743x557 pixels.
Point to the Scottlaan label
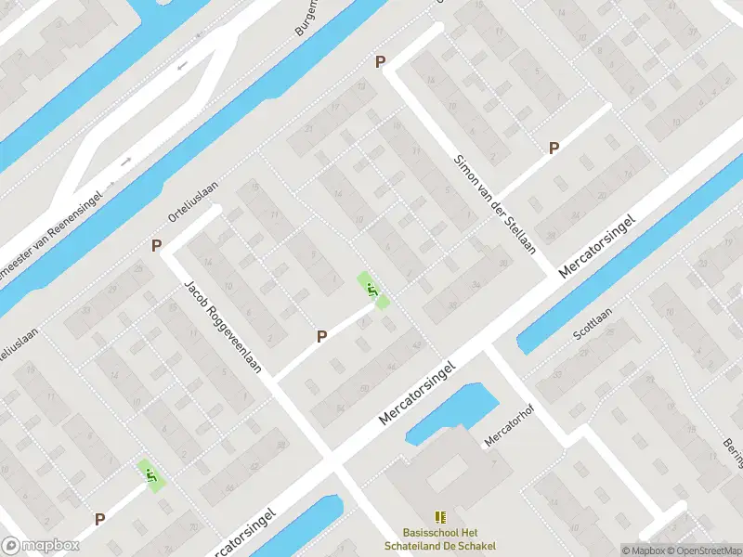(593, 324)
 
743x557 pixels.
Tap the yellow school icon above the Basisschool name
(440, 517)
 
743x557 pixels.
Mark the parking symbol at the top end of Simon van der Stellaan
(380, 62)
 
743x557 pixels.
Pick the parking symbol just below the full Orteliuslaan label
(157, 246)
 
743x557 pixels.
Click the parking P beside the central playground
(321, 336)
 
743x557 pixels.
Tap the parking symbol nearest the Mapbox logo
(99, 520)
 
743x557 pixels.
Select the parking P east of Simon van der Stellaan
(554, 148)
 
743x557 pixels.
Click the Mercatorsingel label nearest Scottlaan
(598, 247)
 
